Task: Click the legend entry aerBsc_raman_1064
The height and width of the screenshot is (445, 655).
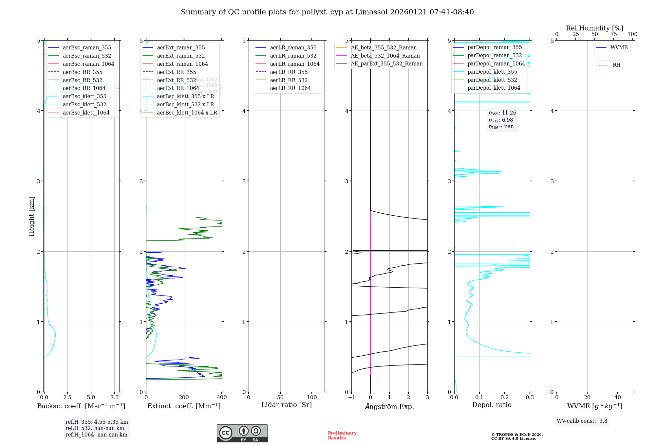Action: coord(88,64)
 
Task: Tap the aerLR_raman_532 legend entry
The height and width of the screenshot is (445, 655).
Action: coord(293,56)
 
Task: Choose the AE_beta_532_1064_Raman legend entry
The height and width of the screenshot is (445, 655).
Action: coord(385,56)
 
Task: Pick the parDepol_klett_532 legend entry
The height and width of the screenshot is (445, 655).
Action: coord(492,80)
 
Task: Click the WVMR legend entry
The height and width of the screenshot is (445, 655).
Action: coord(619,47)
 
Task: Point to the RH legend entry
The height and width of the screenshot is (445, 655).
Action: coord(616,65)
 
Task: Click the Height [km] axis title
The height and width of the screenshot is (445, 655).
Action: coord(31,216)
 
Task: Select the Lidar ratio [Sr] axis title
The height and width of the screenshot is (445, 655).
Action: coord(287,405)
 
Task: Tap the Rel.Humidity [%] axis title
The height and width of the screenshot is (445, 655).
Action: coord(594,28)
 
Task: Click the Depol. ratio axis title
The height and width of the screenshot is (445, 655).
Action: coord(492,405)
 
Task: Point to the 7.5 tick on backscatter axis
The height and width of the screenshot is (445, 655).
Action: coord(114,398)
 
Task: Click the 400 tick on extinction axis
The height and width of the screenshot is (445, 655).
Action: coord(222,398)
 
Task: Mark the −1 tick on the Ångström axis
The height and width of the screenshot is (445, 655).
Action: coord(351,398)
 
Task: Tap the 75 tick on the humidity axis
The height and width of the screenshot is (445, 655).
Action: coord(613,34)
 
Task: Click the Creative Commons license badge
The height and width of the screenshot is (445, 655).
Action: coord(242,433)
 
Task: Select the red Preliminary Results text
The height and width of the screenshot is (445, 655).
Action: coord(342,436)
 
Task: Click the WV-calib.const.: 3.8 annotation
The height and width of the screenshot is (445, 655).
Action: coord(582,421)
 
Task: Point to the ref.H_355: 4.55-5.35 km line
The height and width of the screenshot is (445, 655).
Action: coord(97,422)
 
